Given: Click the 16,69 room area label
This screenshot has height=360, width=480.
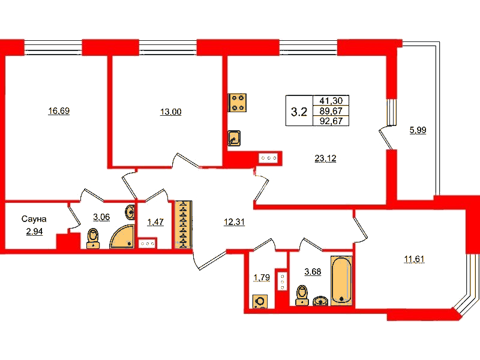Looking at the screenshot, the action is click(x=59, y=110).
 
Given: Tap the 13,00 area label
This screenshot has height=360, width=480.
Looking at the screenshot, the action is click(x=171, y=112).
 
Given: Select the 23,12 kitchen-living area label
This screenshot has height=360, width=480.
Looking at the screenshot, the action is click(x=325, y=158).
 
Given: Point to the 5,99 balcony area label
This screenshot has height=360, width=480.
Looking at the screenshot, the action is click(x=418, y=130).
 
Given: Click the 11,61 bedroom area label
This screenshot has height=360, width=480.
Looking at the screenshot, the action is click(x=414, y=259).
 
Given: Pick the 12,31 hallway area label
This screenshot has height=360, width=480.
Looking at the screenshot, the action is click(x=234, y=221).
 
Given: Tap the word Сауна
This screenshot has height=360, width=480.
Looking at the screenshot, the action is click(x=34, y=219).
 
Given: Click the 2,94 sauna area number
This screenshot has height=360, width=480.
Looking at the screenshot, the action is click(x=34, y=232).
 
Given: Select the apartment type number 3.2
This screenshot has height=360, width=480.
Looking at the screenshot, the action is click(x=299, y=112).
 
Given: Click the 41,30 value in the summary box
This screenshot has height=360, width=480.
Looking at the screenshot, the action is click(x=331, y=100).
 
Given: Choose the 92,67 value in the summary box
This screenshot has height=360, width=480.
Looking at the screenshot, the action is click(x=331, y=121).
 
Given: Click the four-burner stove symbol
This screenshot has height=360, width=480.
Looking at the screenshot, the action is click(x=237, y=103).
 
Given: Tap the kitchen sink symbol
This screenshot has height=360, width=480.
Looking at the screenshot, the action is click(x=234, y=138).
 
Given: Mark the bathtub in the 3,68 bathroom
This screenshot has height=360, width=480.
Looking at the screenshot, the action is click(x=341, y=281).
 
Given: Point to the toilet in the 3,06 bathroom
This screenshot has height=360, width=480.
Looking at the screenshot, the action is click(x=93, y=239).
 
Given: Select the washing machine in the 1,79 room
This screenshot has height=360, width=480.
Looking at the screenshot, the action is click(x=260, y=302).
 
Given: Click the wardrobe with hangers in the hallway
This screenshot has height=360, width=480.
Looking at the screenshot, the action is click(x=183, y=224).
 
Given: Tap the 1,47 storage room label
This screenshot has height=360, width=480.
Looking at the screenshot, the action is click(x=155, y=222).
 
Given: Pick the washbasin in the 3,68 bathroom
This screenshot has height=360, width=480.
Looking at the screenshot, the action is click(x=320, y=301).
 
